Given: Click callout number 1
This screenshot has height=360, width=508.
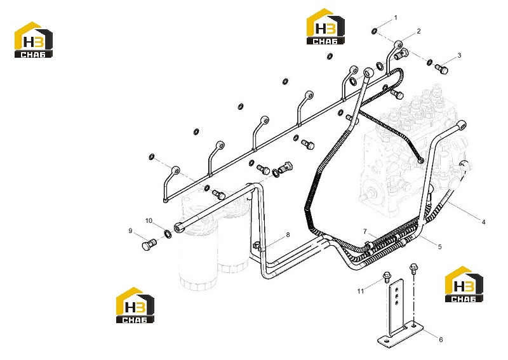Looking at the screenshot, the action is tap(395, 18).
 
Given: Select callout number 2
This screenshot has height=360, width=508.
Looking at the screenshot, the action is tap(418, 31).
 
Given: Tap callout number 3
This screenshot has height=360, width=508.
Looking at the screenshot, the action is tap(459, 55).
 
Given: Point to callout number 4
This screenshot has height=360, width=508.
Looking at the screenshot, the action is tap(483, 222).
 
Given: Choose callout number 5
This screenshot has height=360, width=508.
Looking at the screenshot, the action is tap(439, 246).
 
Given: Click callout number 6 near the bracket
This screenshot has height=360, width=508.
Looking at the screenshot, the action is tap(441, 340).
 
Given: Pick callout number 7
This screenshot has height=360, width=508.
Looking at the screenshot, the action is tap(365, 231).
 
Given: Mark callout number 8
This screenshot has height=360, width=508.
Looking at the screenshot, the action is tap(288, 235).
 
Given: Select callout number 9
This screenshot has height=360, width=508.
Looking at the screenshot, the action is tap(130, 230).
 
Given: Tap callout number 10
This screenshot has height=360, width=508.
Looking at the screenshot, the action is tap(149, 221).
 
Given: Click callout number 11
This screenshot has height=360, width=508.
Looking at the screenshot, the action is tap(361, 291).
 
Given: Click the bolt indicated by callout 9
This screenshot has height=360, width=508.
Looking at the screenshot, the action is tap(149, 244).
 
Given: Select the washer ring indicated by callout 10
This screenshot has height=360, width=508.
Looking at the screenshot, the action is tap(168, 233).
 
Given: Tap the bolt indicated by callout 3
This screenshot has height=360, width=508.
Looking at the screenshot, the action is tap(441, 69).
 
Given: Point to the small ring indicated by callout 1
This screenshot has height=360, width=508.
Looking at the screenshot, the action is tap(374, 31).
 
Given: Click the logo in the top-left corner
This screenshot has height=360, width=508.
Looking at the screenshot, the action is tap(34, 40).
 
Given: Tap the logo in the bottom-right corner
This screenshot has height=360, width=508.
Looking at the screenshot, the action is tap(464, 284).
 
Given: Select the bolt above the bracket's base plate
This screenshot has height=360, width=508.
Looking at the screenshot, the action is tap(413, 269).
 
